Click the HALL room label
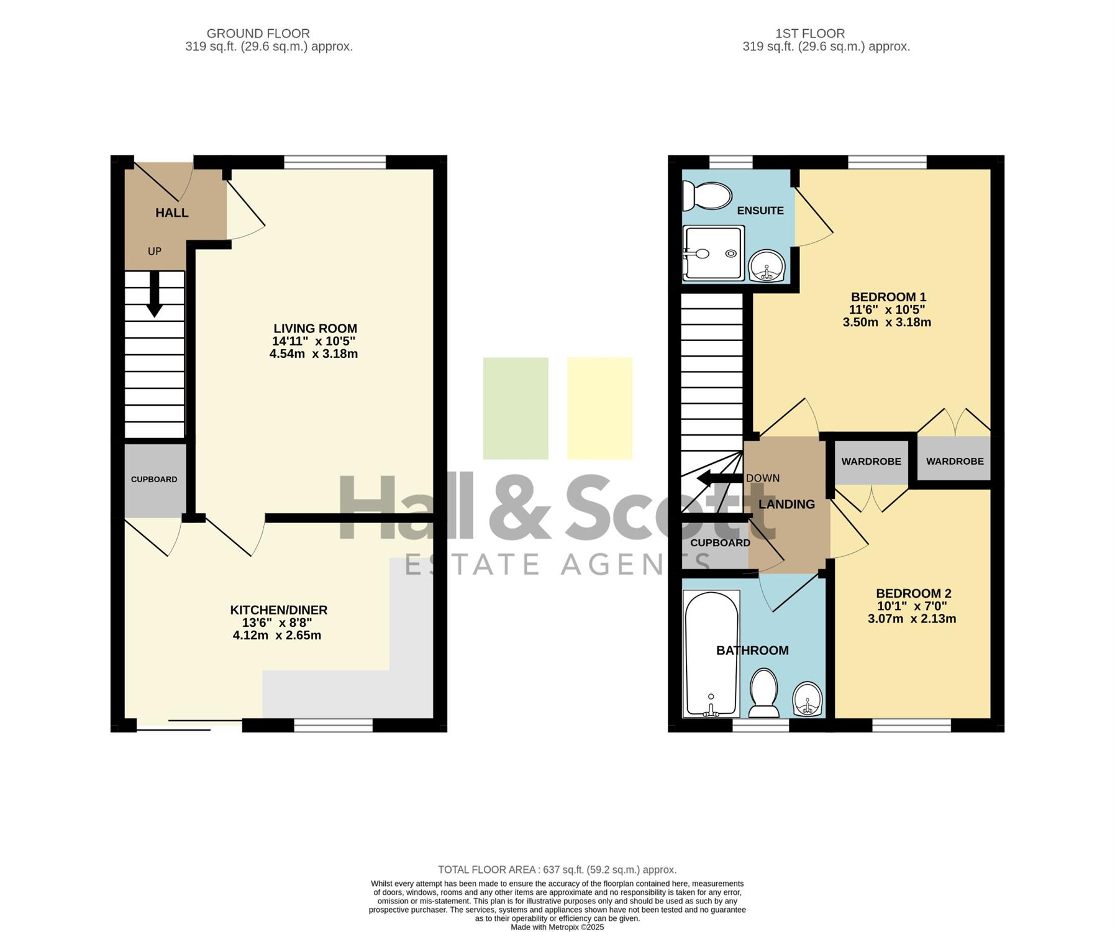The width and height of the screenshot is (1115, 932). click(x=172, y=212)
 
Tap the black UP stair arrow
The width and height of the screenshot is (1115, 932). click(x=153, y=294)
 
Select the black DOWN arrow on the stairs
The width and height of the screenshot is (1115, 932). click(x=720, y=478)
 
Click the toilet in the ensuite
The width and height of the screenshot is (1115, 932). click(x=707, y=196)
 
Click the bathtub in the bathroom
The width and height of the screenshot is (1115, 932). click(x=711, y=654)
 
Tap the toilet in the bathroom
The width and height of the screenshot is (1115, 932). click(x=764, y=693)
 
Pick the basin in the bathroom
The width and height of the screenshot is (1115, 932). click(x=808, y=698)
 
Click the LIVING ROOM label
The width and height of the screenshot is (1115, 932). click(x=316, y=329)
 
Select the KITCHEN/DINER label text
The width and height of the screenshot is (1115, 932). click(x=279, y=610)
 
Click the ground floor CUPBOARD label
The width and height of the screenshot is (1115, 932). click(x=154, y=479)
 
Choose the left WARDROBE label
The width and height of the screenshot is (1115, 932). click(x=872, y=461)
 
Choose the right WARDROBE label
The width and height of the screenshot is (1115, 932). click(x=955, y=461)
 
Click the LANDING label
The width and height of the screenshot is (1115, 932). click(x=786, y=504)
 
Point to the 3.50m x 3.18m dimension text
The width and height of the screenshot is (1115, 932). click(x=887, y=322)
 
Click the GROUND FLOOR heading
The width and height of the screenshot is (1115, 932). click(x=258, y=34)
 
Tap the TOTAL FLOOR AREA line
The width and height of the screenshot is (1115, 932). click(x=557, y=870)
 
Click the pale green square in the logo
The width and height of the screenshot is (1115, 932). click(x=516, y=408)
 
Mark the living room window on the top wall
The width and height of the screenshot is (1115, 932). click(x=335, y=163)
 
